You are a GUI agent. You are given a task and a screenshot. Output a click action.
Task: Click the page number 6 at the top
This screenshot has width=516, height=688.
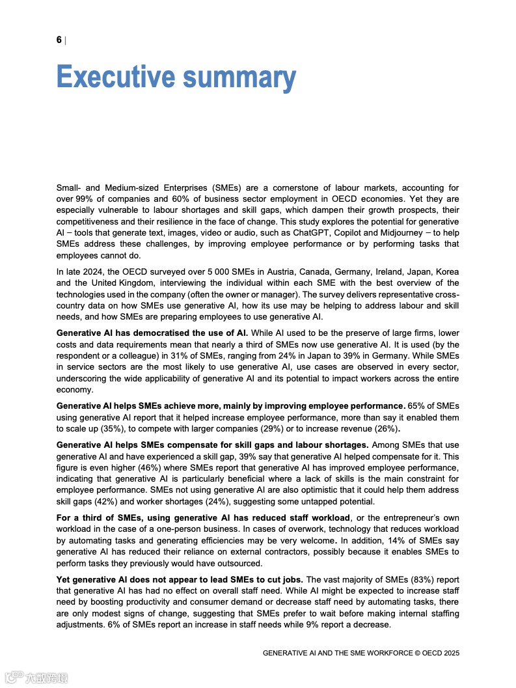(x=59, y=40)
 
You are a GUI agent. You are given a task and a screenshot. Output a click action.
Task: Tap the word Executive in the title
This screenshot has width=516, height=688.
(x=115, y=77)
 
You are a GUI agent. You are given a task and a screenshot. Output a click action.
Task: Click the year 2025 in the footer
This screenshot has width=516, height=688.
(x=450, y=653)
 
